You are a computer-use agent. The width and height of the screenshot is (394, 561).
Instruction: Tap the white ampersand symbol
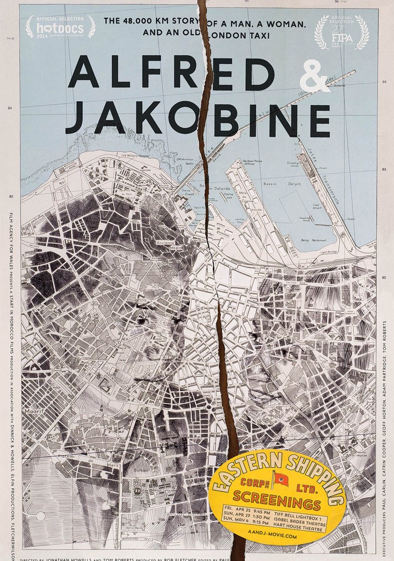tap(316, 81)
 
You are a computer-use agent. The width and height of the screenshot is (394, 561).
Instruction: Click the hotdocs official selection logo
tap(60, 26)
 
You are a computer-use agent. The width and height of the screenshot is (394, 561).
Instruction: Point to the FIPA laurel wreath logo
tap(341, 31)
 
